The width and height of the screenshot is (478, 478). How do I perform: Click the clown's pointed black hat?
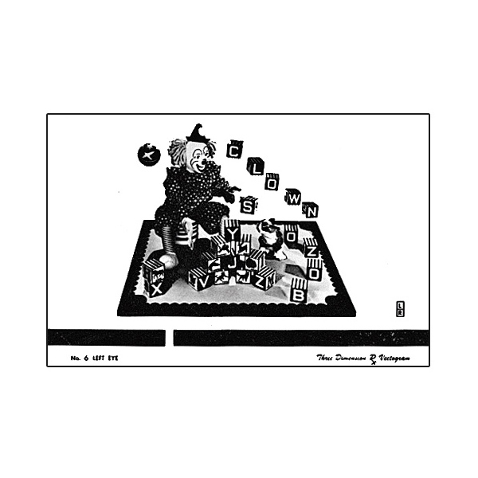pyautogui.click(x=198, y=132)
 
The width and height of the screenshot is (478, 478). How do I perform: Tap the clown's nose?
pyautogui.click(x=206, y=162)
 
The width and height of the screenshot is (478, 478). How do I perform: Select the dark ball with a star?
pyautogui.click(x=147, y=155)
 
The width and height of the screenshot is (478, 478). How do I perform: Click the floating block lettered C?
pyautogui.click(x=235, y=149)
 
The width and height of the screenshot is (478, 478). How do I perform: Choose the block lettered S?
pyautogui.click(x=249, y=205)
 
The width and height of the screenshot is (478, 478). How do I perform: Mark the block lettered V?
pyautogui.click(x=199, y=279)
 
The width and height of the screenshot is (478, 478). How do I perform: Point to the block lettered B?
pyautogui.click(x=299, y=292)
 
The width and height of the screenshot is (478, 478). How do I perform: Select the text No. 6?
pyautogui.click(x=78, y=358)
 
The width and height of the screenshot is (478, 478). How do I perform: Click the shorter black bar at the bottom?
pyautogui.click(x=106, y=338)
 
